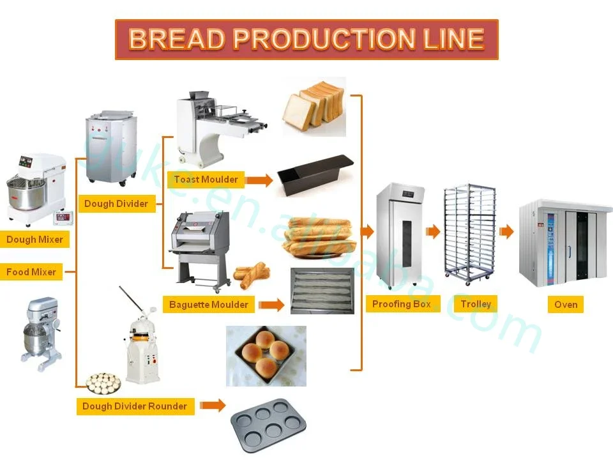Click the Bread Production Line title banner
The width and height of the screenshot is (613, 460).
306,40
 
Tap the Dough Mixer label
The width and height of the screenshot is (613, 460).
34,240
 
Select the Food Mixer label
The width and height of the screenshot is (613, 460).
31,272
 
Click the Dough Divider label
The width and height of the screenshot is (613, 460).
116,204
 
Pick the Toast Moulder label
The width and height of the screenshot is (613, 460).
206,180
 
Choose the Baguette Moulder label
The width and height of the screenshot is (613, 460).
208,305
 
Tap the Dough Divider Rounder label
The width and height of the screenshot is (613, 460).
135,406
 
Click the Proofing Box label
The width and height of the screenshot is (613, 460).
402,304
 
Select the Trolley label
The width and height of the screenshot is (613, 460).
476,304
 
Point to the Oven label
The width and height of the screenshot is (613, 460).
566,305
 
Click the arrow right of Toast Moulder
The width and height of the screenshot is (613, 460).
259,180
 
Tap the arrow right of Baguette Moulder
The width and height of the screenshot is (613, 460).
272,305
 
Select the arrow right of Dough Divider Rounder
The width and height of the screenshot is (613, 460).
213,405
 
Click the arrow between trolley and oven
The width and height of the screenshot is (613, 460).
506,231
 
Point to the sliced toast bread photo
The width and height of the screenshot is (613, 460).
314,107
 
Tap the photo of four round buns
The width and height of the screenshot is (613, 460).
266,356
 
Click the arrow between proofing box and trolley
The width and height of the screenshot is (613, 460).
433,231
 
